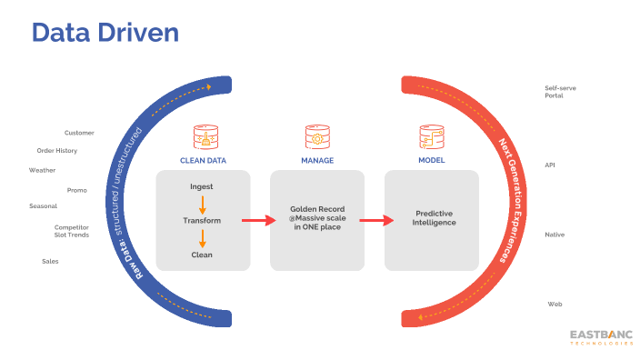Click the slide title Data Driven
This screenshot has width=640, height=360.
105,33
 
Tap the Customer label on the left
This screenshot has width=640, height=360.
79,133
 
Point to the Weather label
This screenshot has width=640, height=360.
42,170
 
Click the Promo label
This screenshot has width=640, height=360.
76,190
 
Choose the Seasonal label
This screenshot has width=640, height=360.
43,206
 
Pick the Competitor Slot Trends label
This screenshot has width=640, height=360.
71,231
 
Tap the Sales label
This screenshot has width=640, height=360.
50,261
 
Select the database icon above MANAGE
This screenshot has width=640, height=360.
317,137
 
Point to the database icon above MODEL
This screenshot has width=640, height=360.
431,137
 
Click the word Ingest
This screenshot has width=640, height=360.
202,186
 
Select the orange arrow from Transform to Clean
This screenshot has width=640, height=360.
202,238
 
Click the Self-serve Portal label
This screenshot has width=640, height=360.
560,91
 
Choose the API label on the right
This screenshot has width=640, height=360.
549,165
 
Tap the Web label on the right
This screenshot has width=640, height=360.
554,304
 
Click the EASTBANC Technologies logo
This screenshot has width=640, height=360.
601,337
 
